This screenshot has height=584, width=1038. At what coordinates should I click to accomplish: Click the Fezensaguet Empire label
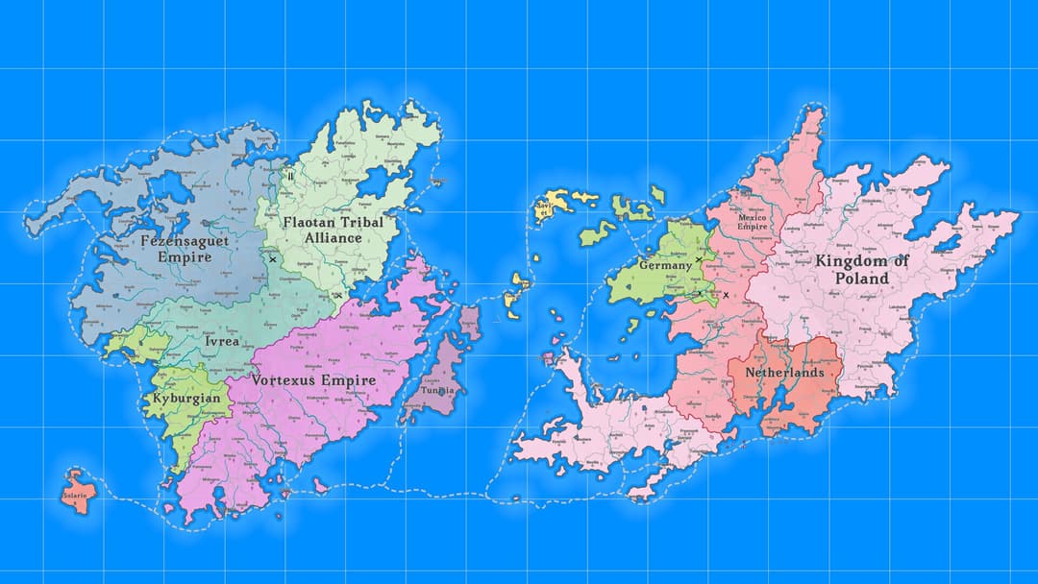184,249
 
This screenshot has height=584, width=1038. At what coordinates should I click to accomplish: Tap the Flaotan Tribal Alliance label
333,230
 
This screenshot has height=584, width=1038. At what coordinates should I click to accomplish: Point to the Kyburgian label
186,398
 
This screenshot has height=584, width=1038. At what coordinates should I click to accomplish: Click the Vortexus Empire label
313,380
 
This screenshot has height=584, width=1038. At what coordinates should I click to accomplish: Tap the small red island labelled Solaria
75,496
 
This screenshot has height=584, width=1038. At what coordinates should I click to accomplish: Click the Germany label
665,265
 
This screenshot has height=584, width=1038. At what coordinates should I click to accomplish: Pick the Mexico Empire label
753,222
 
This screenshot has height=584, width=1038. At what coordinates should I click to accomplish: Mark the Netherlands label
784,372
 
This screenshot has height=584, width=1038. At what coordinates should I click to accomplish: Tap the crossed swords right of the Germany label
699,260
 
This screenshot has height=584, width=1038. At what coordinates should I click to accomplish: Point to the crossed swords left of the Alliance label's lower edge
273,259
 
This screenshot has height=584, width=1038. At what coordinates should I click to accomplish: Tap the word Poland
861,279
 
